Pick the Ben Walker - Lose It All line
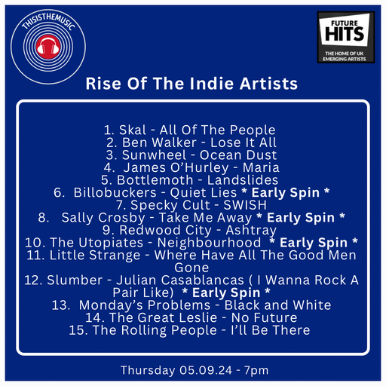pyautogui.click(x=191, y=142)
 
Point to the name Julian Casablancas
pyautogui.click(x=199, y=280)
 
